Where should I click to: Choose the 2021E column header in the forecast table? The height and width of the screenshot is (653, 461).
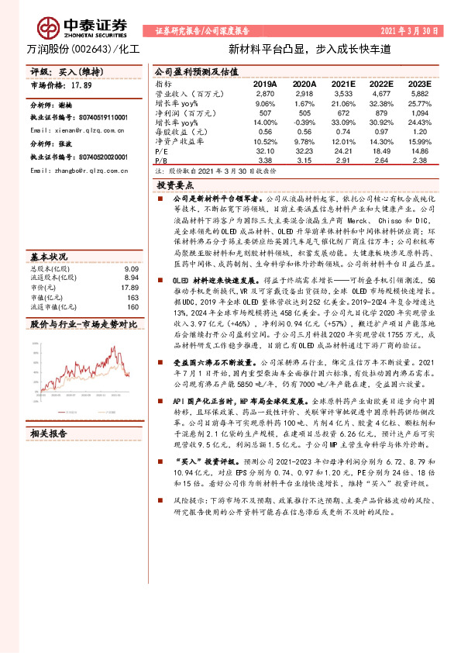(x=342, y=83)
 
